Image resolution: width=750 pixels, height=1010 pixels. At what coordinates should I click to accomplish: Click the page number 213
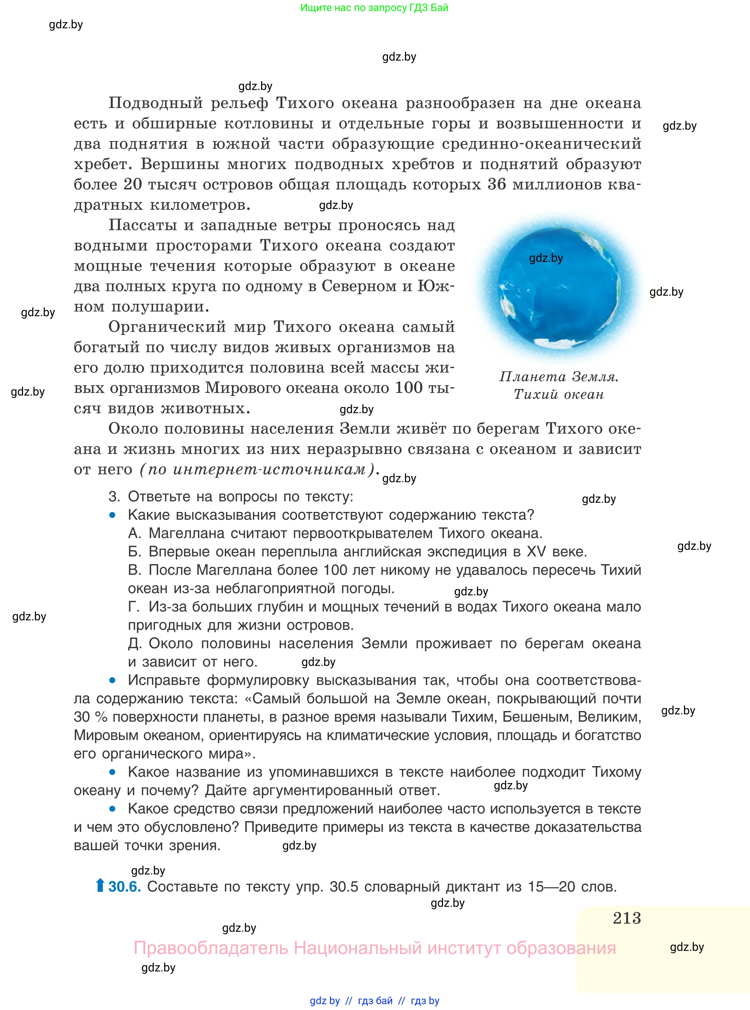[627, 918]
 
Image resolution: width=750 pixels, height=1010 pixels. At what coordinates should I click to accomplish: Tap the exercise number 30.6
[124, 887]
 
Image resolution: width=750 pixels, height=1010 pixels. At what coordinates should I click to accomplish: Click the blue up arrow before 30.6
[100, 885]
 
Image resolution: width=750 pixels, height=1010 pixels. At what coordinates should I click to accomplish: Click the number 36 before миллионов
[496, 184]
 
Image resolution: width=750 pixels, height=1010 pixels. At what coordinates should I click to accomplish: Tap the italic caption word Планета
[532, 377]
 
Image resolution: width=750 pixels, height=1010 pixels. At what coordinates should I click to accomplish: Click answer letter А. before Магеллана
[135, 533]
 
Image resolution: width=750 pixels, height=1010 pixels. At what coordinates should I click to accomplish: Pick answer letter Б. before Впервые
[135, 552]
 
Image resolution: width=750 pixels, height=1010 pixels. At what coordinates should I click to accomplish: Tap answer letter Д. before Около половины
[135, 643]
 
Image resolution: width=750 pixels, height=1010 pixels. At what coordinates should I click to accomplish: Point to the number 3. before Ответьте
[114, 497]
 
